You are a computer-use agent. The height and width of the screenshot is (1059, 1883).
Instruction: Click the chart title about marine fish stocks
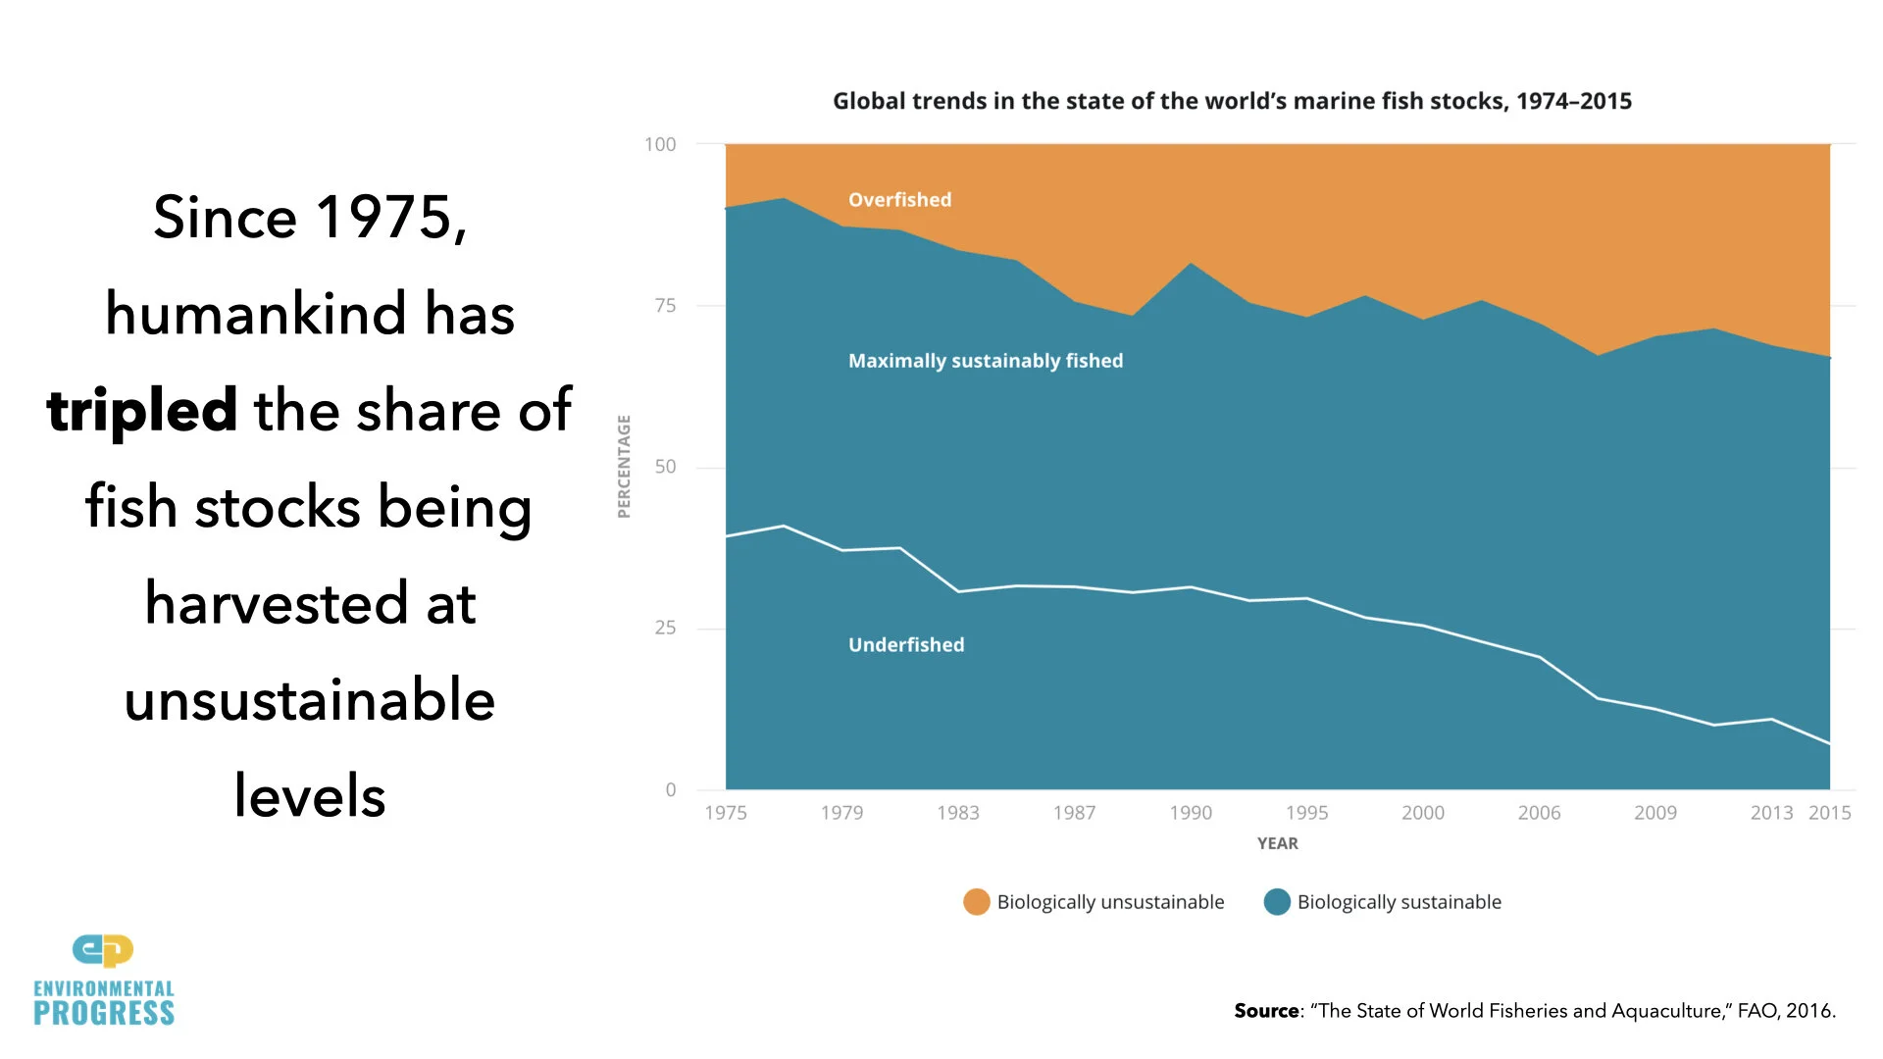1232,101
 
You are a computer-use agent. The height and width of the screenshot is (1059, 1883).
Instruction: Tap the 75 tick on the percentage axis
665,306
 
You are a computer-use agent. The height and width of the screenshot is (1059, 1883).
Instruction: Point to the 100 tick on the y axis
660,144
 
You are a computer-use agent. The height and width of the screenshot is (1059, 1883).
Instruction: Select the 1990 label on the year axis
1191,813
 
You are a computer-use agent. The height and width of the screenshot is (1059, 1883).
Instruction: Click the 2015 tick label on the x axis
1829,813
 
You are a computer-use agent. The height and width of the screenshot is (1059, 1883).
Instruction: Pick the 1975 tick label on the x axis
726,813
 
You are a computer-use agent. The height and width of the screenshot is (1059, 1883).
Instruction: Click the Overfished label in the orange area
899,200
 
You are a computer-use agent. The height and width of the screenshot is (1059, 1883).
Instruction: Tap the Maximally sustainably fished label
986,361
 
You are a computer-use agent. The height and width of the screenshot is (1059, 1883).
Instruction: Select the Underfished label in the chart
906,645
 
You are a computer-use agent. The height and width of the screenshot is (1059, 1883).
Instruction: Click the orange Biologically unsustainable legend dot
977,902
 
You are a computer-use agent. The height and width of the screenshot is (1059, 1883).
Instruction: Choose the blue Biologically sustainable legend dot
1277,902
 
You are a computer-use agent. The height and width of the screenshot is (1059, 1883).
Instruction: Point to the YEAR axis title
1277,843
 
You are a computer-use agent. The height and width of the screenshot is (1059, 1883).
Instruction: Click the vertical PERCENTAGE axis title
624,467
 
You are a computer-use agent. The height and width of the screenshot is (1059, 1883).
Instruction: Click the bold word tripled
142,410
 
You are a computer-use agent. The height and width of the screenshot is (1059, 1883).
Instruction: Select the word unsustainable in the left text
310,700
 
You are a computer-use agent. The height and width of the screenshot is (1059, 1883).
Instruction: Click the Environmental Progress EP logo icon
103,950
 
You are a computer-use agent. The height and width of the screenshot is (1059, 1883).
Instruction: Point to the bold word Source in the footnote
1266,1011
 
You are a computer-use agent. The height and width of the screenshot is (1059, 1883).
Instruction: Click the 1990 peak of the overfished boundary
1191,263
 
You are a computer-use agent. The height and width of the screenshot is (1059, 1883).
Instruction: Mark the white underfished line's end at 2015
1829,744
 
